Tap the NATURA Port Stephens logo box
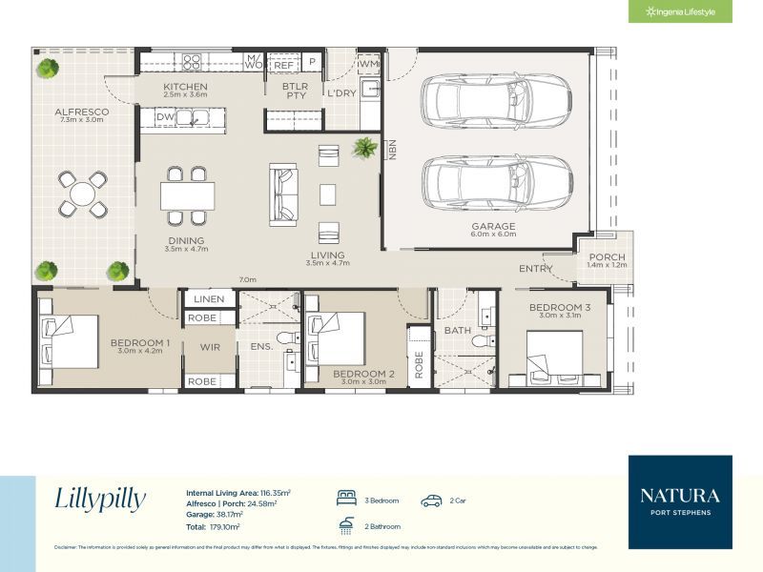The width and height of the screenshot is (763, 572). pos(680,502)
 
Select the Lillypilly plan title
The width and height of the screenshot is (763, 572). pos(100,499)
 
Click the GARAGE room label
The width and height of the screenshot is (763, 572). pos(492,226)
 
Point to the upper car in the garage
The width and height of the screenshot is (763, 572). pos(496,99)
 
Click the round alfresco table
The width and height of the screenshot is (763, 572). pos(83,194)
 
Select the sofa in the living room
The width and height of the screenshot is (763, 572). pos(285,194)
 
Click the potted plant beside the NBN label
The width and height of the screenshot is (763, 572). pos(363,148)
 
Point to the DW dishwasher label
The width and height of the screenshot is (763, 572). pos(164,117)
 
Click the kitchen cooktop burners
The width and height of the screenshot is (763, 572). pos(192,62)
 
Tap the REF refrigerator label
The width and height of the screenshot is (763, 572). pos(283,64)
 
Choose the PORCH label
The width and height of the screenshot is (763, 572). pos(607,257)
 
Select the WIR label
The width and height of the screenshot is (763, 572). pos(210,347)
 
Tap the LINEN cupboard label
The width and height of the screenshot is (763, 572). pos(209,299)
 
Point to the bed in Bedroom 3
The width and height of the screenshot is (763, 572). pos(554,357)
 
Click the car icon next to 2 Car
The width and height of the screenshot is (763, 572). pos(432,500)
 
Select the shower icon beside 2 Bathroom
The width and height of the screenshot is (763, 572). pos(346,524)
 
